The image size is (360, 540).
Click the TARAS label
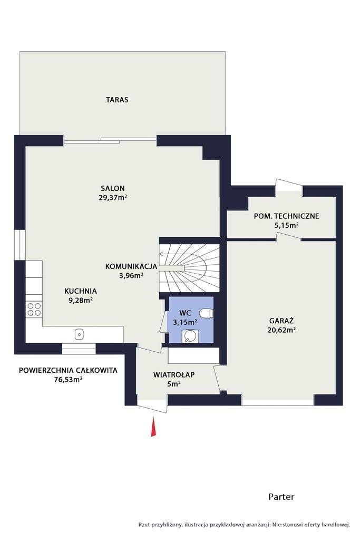click(x=117, y=100)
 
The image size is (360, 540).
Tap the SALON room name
click(x=113, y=188)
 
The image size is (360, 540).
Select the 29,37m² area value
click(x=113, y=198)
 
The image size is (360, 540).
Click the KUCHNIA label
click(x=81, y=291)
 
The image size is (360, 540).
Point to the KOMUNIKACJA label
click(x=131, y=266)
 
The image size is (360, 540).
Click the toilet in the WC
click(x=207, y=313)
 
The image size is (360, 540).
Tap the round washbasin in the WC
click(x=190, y=335)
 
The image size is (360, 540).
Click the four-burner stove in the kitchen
click(x=34, y=309)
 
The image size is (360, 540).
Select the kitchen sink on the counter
click(x=80, y=334)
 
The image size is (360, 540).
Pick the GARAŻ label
click(x=281, y=321)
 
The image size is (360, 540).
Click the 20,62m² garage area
click(x=281, y=330)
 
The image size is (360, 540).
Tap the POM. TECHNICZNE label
click(x=286, y=216)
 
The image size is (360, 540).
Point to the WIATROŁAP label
click(x=174, y=374)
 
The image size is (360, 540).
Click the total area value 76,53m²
click(x=68, y=380)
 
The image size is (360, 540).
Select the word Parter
click(x=281, y=497)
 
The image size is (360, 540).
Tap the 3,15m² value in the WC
click(x=185, y=322)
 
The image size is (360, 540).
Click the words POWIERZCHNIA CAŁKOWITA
click(x=68, y=371)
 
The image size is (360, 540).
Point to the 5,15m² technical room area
click(x=286, y=225)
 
